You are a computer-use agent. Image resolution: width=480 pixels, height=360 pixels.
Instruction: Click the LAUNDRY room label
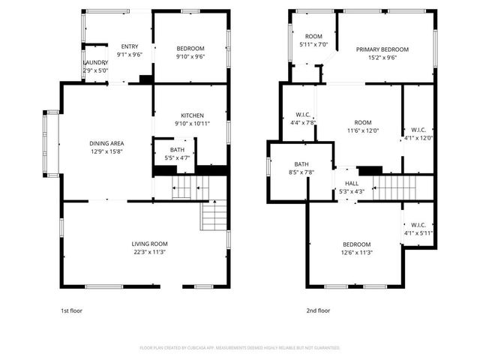(95, 63)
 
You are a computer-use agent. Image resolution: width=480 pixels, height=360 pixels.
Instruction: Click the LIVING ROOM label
(149, 244)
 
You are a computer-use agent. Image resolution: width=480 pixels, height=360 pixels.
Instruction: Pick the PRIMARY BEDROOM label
(376, 49)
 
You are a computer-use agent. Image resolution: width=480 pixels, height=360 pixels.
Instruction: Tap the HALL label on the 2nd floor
(352, 183)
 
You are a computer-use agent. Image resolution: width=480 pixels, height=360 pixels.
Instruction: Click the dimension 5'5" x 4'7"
(177, 157)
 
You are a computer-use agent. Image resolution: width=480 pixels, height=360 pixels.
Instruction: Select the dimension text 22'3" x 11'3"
(149, 252)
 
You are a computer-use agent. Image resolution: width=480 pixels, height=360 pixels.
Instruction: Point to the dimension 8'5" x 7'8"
(301, 172)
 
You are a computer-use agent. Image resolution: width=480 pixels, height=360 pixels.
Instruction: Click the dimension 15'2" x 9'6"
(376, 57)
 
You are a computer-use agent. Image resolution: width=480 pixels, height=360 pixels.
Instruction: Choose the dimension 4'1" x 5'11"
(418, 232)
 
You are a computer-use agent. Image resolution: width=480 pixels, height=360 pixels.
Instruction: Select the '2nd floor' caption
(318, 310)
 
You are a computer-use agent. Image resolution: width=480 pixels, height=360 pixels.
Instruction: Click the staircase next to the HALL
(394, 187)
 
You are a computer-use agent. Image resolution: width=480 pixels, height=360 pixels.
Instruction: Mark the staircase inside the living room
(214, 215)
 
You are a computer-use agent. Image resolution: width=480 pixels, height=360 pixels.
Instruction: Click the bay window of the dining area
(51, 143)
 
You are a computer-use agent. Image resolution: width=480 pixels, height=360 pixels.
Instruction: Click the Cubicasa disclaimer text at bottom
(240, 348)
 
